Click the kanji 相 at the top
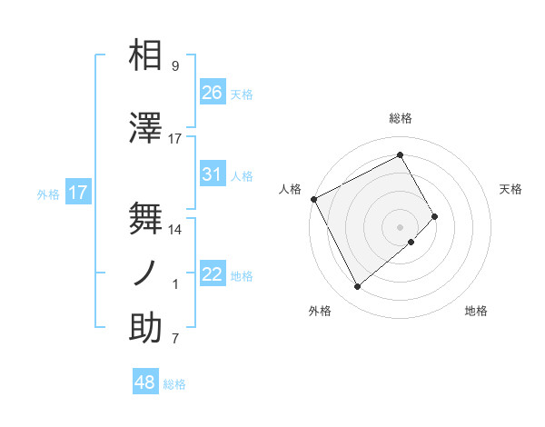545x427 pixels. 145,56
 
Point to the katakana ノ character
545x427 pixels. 145,273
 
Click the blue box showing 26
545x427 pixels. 213,93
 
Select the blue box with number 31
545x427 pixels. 213,174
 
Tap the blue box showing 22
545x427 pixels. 213,274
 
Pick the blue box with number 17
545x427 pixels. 78,193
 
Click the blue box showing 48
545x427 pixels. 145,382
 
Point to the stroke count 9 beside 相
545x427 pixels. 174,66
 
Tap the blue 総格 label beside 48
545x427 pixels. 174,384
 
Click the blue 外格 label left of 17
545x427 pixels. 47,194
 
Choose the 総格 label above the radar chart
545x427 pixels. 400,118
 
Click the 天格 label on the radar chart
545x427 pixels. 511,189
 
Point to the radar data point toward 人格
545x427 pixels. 313,199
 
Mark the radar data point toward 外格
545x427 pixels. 357,287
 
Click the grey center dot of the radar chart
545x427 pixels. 400,225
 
